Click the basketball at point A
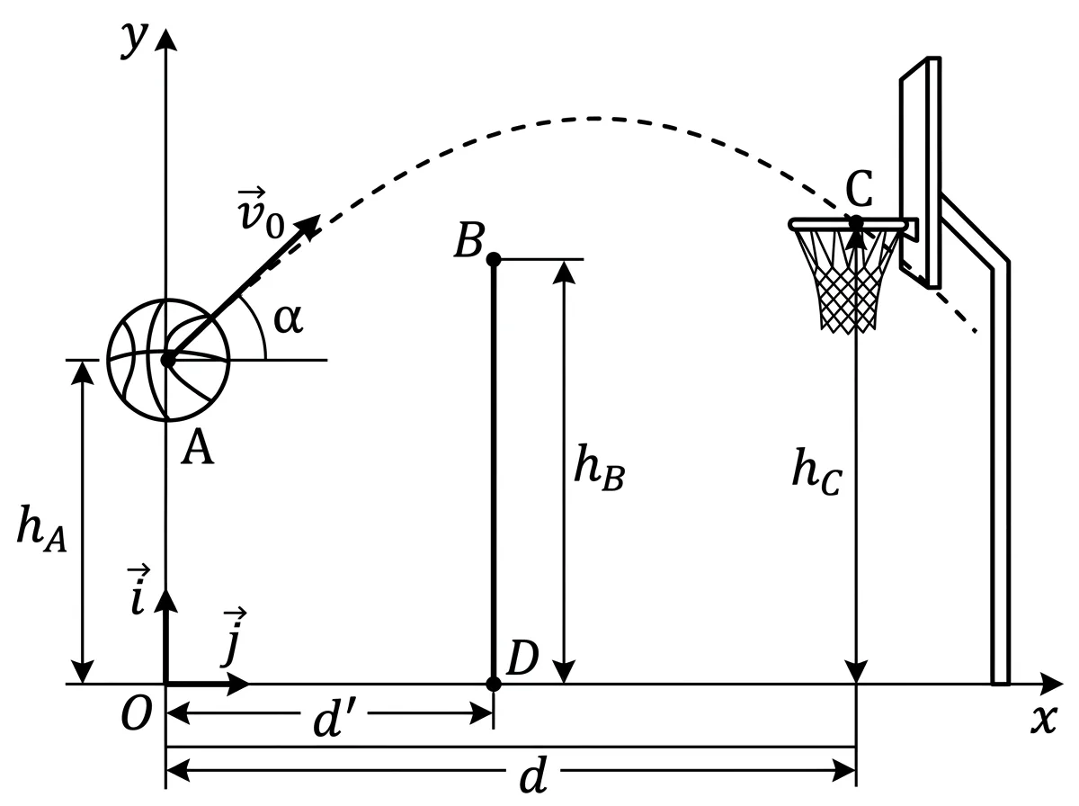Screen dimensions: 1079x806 coord(168,360)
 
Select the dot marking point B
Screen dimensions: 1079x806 coord(494,259)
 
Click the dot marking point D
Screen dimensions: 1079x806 coord(494,684)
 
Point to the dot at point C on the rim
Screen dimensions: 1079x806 coord(856,222)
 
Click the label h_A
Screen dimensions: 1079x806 coord(41,530)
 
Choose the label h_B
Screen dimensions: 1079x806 coord(600,468)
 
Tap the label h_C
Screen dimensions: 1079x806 coord(817,471)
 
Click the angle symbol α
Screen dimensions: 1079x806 coord(289,318)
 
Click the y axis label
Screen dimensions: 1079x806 coord(134,40)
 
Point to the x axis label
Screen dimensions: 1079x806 coord(1044,720)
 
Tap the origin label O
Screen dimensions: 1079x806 coord(136,713)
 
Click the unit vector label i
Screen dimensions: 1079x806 coord(138,590)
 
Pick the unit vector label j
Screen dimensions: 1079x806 coord(233,638)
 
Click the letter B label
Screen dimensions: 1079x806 coord(469,240)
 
